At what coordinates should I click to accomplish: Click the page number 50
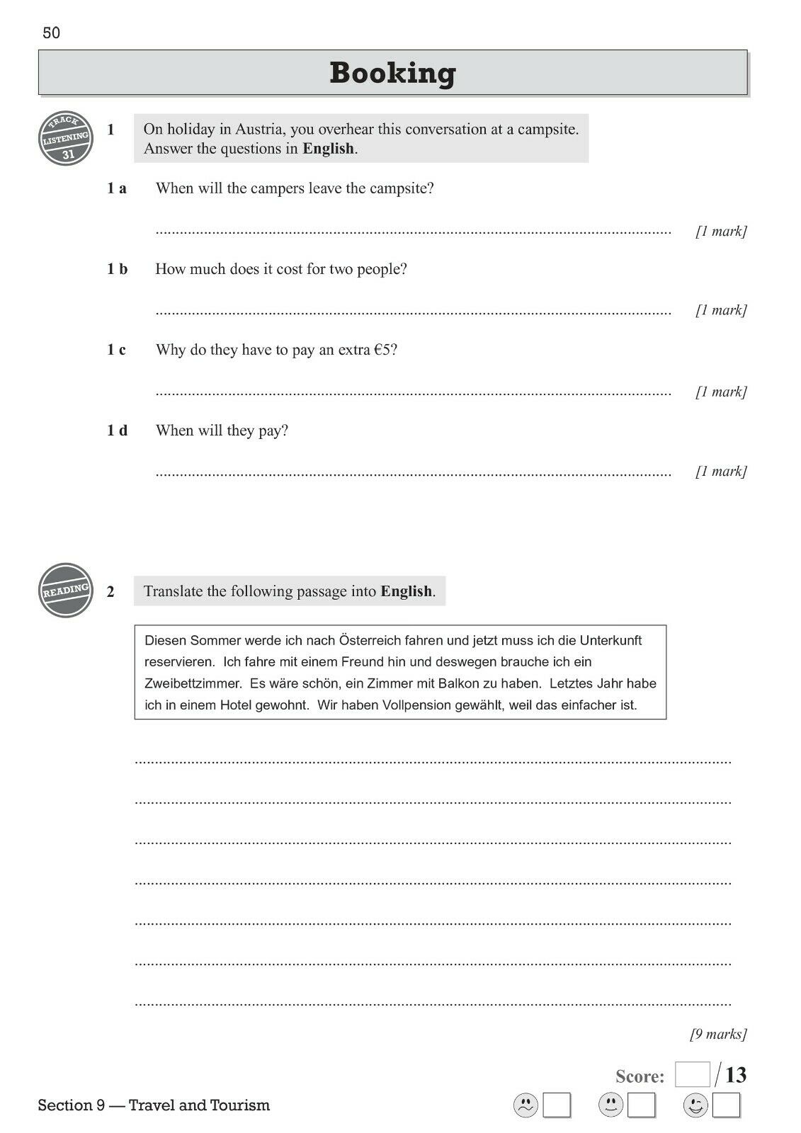click(51, 33)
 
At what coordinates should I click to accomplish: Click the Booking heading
click(392, 73)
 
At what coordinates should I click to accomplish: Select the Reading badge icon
click(66, 590)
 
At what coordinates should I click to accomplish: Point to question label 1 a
click(117, 188)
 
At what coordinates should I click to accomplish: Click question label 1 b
click(118, 269)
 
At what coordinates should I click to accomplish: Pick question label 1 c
click(117, 350)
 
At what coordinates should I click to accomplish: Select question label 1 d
click(118, 431)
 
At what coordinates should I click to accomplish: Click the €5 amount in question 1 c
click(382, 350)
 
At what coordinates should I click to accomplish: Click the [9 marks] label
click(718, 1035)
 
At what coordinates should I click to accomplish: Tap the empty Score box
click(692, 1075)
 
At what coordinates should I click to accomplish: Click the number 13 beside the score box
click(736, 1076)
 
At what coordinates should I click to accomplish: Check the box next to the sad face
click(557, 1105)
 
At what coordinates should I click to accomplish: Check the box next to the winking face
click(726, 1105)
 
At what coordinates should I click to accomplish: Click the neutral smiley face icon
click(610, 1105)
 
